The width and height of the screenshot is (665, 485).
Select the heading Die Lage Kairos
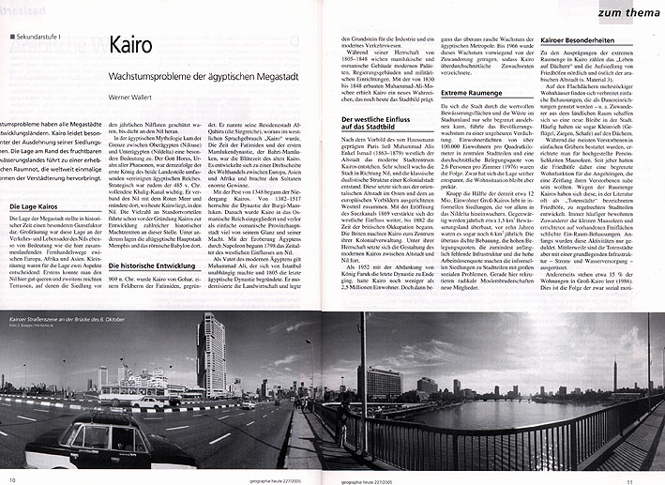pyautogui.click(x=37, y=232)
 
